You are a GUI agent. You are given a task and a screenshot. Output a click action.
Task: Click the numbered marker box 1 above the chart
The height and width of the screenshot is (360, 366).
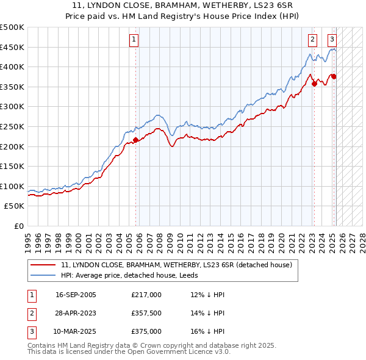134,40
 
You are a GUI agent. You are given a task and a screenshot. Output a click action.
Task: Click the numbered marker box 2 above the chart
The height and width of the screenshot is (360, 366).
312,40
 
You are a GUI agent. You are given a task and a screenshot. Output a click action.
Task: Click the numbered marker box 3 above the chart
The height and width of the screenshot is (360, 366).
332,40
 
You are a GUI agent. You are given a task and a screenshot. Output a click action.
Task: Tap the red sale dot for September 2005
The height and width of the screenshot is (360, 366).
135,140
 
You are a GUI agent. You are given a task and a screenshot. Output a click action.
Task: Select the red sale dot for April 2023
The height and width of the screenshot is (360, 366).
314,84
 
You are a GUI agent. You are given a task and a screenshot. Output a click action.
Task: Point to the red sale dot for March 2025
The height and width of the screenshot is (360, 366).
334,77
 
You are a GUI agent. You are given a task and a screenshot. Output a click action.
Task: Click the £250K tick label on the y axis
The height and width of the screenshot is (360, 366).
12,126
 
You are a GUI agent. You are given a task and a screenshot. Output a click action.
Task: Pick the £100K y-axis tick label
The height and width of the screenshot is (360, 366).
12,186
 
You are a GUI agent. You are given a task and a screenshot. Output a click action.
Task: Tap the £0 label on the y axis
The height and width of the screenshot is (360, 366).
18,226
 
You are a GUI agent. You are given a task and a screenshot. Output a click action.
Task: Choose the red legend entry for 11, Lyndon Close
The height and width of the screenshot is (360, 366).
177,265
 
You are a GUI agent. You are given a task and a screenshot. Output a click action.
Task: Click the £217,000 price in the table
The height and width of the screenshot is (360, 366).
146,295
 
